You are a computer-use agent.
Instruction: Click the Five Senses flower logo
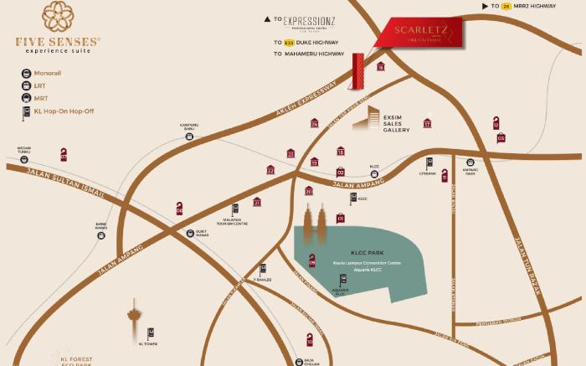[x=58, y=18]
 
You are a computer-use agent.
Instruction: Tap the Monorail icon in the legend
[x=27, y=74]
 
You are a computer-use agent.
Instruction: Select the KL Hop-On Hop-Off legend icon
[x=27, y=111]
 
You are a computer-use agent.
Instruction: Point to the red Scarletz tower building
[x=359, y=71]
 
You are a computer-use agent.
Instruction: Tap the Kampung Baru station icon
[x=190, y=136]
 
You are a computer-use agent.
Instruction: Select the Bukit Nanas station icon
[x=190, y=234]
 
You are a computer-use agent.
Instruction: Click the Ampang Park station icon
[x=470, y=162]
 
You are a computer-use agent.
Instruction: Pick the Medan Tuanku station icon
[x=23, y=158]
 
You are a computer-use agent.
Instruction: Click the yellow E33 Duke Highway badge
[x=289, y=42]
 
